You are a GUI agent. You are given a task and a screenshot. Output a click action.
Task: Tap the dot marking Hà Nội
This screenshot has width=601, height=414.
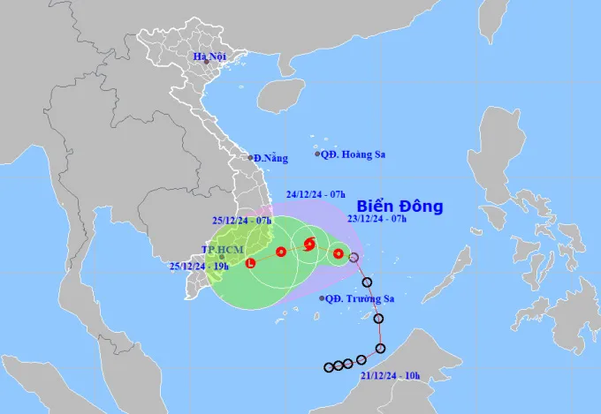pyautogui.click(x=205, y=62)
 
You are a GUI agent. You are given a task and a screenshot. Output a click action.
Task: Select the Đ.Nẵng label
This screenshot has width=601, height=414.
pyautogui.click(x=270, y=158)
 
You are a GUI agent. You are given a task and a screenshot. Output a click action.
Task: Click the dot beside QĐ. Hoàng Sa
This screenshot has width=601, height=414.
pyautogui.click(x=318, y=154)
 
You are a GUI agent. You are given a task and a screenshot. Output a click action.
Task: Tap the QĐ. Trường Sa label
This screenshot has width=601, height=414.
pyautogui.click(x=360, y=298)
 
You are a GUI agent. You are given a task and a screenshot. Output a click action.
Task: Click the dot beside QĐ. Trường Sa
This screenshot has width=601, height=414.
pyautogui.click(x=322, y=298)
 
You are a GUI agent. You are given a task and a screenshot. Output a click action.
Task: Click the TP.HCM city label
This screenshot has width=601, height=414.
pyautogui.click(x=220, y=249)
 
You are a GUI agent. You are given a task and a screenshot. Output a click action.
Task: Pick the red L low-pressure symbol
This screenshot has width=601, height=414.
pyautogui.click(x=251, y=263)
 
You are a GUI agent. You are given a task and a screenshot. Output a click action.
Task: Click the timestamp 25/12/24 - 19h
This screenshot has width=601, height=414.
pyautogui.click(x=200, y=263)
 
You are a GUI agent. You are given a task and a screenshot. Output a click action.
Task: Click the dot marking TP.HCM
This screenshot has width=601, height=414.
pyautogui.click(x=221, y=257)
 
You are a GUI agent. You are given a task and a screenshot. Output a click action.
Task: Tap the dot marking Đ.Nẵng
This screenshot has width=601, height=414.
pyautogui.click(x=250, y=158)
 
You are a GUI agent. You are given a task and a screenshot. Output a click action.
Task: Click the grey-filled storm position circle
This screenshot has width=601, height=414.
pyautogui.click(x=354, y=258)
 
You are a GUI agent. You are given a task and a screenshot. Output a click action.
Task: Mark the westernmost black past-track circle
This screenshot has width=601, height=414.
pyautogui.click(x=328, y=367)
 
